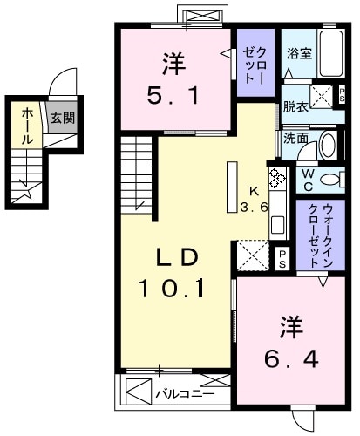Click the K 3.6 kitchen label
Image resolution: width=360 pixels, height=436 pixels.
point(254,199)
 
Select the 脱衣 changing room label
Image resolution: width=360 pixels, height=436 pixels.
point(294,107)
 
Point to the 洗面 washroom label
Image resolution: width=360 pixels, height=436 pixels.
point(294,138)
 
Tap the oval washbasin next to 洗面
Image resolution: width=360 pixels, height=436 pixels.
point(327,145)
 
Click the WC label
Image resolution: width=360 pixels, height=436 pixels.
point(308,179)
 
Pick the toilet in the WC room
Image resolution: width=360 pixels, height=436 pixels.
point(331,180)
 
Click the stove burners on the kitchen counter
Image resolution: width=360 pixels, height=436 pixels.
point(278,180)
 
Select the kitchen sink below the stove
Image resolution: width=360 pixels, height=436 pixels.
point(277,222)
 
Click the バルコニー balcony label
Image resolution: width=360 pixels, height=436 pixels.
point(179,393)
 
